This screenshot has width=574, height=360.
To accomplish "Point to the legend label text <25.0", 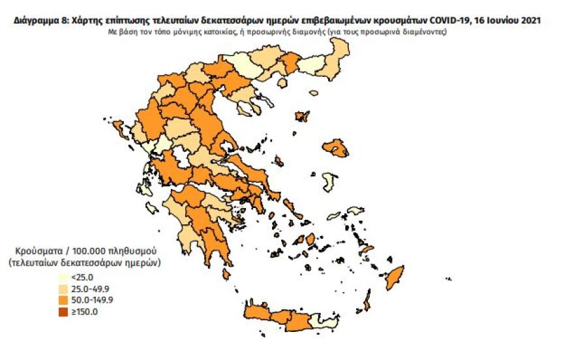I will point(80,277).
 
